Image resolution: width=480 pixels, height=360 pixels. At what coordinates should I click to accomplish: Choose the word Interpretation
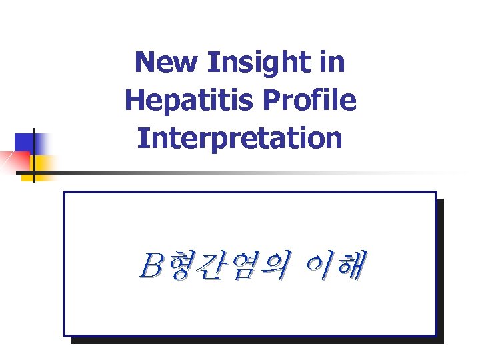[240, 139]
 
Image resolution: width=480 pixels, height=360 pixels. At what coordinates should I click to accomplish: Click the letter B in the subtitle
[150, 267]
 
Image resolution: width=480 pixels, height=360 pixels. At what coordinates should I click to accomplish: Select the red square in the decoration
[15, 161]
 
